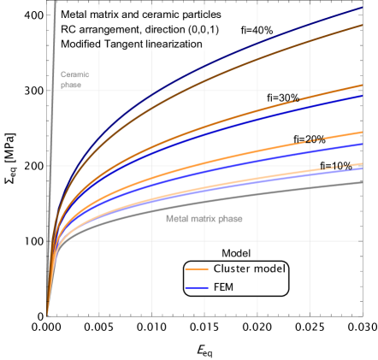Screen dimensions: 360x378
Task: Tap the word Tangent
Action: (129, 43)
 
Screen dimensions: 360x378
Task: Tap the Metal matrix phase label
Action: (204, 219)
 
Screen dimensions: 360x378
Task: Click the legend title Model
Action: (235, 253)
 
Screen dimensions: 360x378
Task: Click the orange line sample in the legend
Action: (197, 269)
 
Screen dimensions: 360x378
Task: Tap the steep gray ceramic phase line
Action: (53, 128)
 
